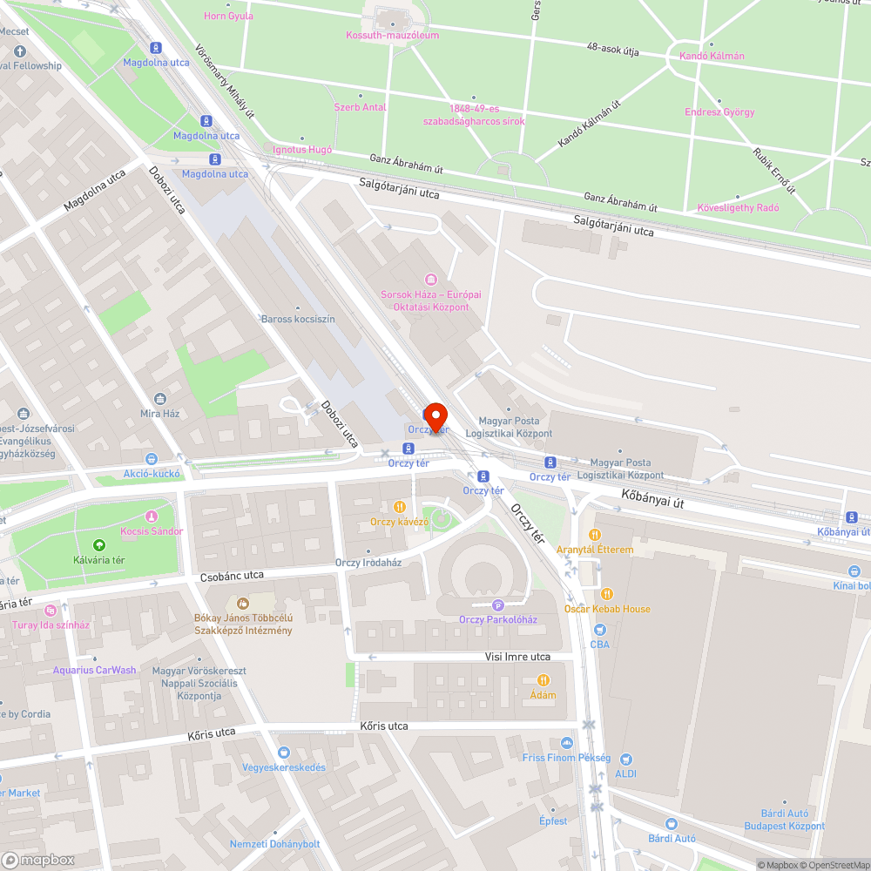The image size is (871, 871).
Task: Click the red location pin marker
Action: (434, 416)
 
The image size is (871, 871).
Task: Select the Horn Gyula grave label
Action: (228, 16)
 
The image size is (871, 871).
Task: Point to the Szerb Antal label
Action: (360, 107)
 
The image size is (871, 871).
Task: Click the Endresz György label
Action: (719, 112)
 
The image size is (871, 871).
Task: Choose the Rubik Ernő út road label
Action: (774, 169)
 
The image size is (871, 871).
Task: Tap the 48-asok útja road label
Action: (613, 51)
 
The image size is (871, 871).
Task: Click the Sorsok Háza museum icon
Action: (430, 279)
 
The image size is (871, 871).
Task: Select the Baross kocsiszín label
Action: (298, 319)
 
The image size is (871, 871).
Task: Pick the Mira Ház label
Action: (159, 413)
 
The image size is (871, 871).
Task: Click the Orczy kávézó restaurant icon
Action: (400, 506)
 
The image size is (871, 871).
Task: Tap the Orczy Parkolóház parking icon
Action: (498, 605)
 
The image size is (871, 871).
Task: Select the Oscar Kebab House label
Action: (607, 609)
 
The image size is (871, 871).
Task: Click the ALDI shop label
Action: (625, 773)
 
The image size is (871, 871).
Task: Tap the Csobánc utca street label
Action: (232, 577)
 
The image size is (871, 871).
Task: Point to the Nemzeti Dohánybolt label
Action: (275, 844)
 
